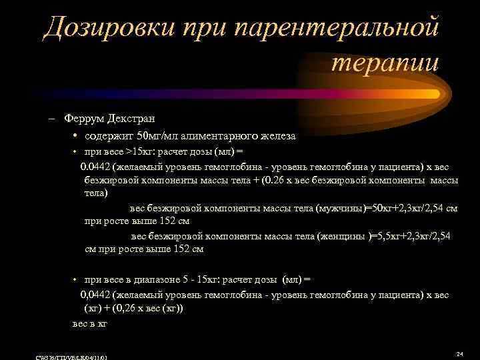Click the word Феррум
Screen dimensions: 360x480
coord(83,119)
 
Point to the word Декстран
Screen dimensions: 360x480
coord(131,119)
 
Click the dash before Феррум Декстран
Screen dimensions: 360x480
coord(52,119)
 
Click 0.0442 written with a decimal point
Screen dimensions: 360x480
coord(95,167)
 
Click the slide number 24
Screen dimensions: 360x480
coord(459,353)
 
